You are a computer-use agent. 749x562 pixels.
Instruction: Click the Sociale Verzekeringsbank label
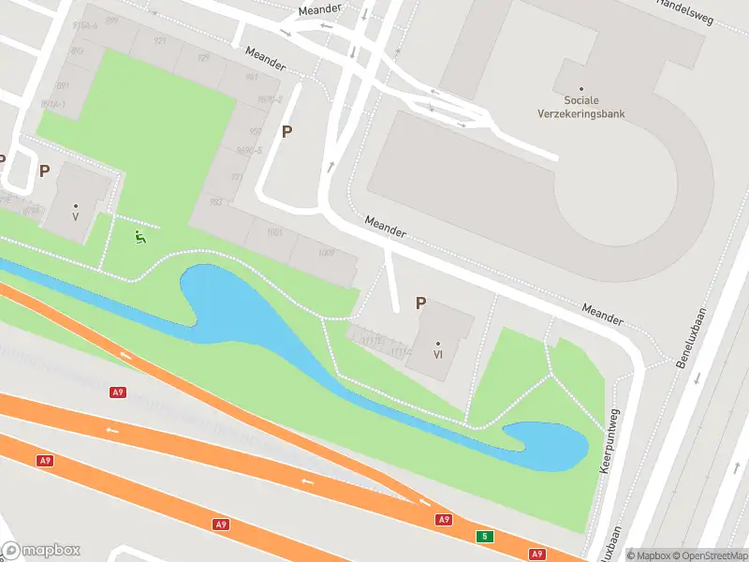pos(595,107)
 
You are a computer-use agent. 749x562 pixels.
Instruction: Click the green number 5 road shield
pos(484,536)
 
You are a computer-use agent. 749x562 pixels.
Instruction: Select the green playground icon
pos(140,238)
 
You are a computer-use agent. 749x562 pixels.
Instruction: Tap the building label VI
pos(437,355)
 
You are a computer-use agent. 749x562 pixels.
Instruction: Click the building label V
pos(76,216)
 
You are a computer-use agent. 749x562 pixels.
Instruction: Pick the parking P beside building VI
pos(420,303)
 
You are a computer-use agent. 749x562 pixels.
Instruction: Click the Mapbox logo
pos(41,551)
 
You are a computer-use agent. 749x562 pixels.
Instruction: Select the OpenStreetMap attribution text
pos(708,555)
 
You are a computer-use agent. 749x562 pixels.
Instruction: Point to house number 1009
pos(325,252)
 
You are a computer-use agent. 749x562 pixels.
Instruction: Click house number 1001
pos(274,231)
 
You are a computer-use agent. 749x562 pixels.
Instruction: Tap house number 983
pos(216,201)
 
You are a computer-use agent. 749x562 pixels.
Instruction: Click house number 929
pos(203,58)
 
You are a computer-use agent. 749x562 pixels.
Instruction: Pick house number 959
pos(256,131)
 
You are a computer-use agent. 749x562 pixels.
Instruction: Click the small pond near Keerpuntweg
pos(548,445)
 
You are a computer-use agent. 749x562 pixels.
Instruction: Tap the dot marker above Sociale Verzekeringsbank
pos(581,89)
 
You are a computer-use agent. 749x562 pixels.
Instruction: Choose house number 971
pos(237,177)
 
